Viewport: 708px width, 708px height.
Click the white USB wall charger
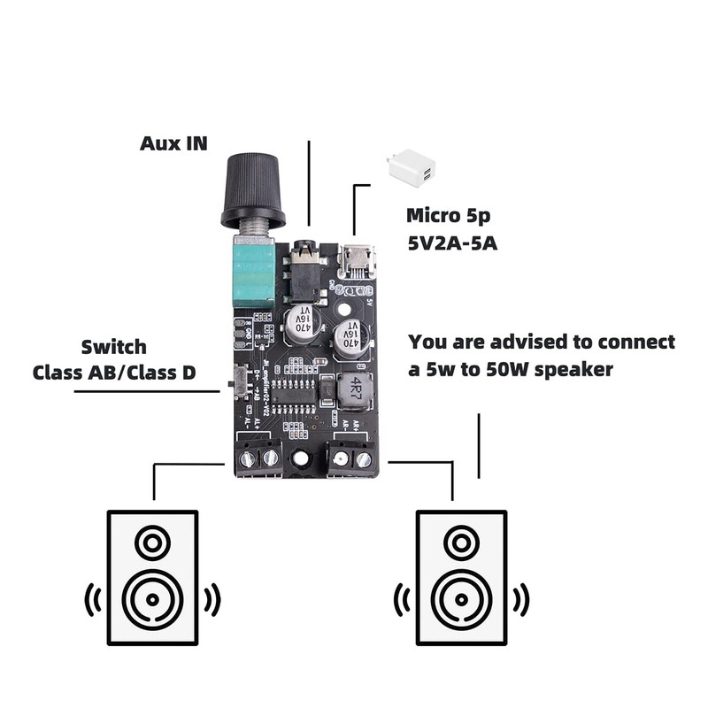(411, 167)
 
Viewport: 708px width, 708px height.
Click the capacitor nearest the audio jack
(303, 322)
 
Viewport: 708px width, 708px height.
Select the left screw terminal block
(259, 458)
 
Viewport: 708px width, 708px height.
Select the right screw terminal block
(350, 458)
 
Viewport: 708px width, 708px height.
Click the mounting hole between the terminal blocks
(303, 458)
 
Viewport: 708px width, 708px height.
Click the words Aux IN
(174, 143)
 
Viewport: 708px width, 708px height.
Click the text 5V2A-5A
(452, 243)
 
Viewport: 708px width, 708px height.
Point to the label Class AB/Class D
(114, 373)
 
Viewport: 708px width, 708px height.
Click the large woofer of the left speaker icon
(152, 598)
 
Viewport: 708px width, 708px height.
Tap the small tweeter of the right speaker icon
(461, 542)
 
